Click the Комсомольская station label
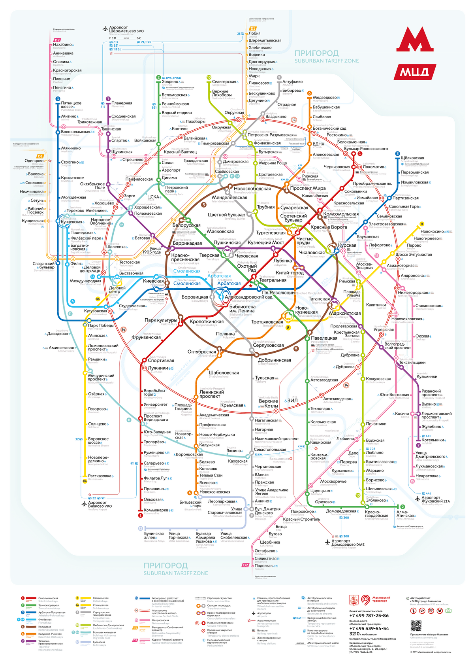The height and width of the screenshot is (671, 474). pos(341,214)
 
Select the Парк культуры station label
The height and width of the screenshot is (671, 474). pos(161,320)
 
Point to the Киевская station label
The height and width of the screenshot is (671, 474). pos(153,281)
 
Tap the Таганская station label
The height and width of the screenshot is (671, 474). pos(319,299)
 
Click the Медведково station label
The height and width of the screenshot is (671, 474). pos(325,98)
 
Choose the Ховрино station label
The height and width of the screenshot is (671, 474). pos(170,82)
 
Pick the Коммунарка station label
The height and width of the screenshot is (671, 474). pos(156,510)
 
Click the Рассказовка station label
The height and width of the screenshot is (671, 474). pos(100,476)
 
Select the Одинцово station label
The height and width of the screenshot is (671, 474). pos(34,161)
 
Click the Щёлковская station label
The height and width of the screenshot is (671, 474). pos(412,158)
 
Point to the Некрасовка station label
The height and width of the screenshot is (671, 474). pos(427,476)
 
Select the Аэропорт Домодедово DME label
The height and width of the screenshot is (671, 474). pos(348,542)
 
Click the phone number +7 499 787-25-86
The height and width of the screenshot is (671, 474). pos(369,616)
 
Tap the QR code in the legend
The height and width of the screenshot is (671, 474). pos(416,626)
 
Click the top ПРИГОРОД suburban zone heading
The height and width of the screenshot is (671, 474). pos(316,53)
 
